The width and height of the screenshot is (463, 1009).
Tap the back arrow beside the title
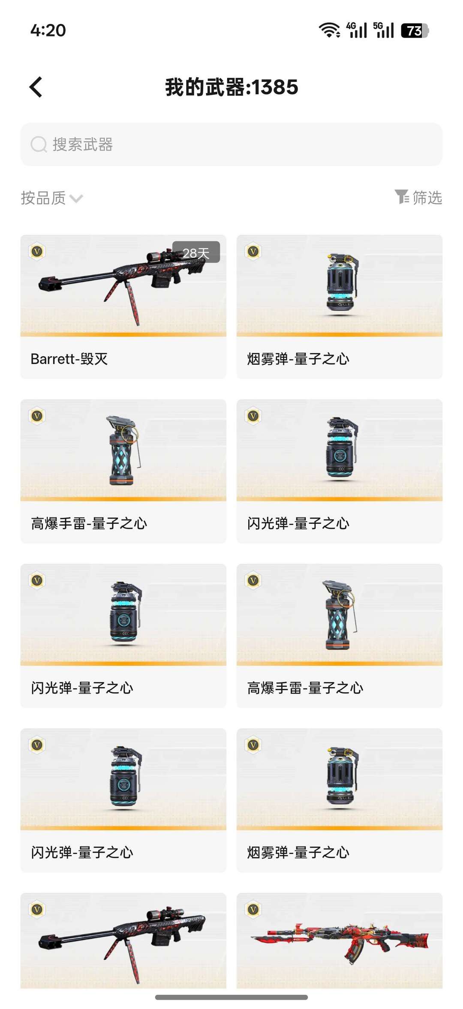tap(36, 87)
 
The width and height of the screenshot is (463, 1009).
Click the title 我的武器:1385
tap(231, 87)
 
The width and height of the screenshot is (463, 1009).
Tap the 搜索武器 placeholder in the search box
tap(83, 144)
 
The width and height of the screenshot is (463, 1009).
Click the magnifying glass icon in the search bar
tap(39, 144)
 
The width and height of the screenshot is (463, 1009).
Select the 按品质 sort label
tap(43, 198)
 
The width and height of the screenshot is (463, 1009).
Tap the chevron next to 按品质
tap(76, 198)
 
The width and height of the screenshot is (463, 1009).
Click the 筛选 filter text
tap(427, 198)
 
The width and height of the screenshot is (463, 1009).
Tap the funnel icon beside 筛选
tap(402, 197)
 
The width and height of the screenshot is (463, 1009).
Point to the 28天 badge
tap(196, 252)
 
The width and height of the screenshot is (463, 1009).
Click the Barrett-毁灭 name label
tap(69, 359)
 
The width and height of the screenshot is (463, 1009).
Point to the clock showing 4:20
tap(48, 30)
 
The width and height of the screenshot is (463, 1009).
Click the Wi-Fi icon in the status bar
tap(329, 30)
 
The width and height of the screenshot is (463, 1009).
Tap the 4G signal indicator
tap(357, 30)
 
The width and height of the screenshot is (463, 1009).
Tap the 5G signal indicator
tap(383, 30)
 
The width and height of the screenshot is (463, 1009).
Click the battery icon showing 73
tap(415, 30)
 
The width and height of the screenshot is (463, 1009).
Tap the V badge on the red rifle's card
tap(253, 909)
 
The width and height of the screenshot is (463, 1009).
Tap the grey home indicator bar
tap(231, 997)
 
